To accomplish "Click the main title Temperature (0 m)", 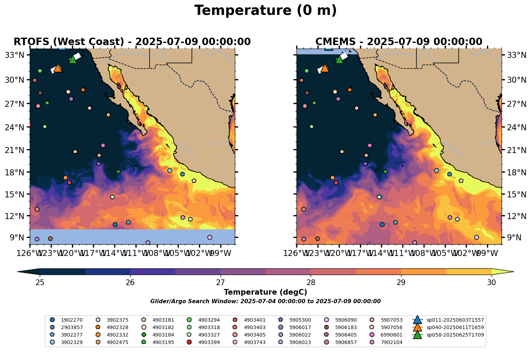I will coord(265,11).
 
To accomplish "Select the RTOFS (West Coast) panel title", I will coord(132,42).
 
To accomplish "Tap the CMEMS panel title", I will coord(399,42).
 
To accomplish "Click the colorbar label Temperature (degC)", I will coord(265,292).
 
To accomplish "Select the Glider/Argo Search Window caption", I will coord(265,301).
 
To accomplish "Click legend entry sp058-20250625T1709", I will coord(455,335).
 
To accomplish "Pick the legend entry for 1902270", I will coord(72,320).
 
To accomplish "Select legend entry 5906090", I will coord(346,320).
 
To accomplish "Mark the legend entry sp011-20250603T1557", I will coord(455,320).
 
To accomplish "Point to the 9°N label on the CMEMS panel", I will coord(513,238).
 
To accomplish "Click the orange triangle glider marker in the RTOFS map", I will coord(58,68).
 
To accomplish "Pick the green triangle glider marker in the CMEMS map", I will coord(339,59).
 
